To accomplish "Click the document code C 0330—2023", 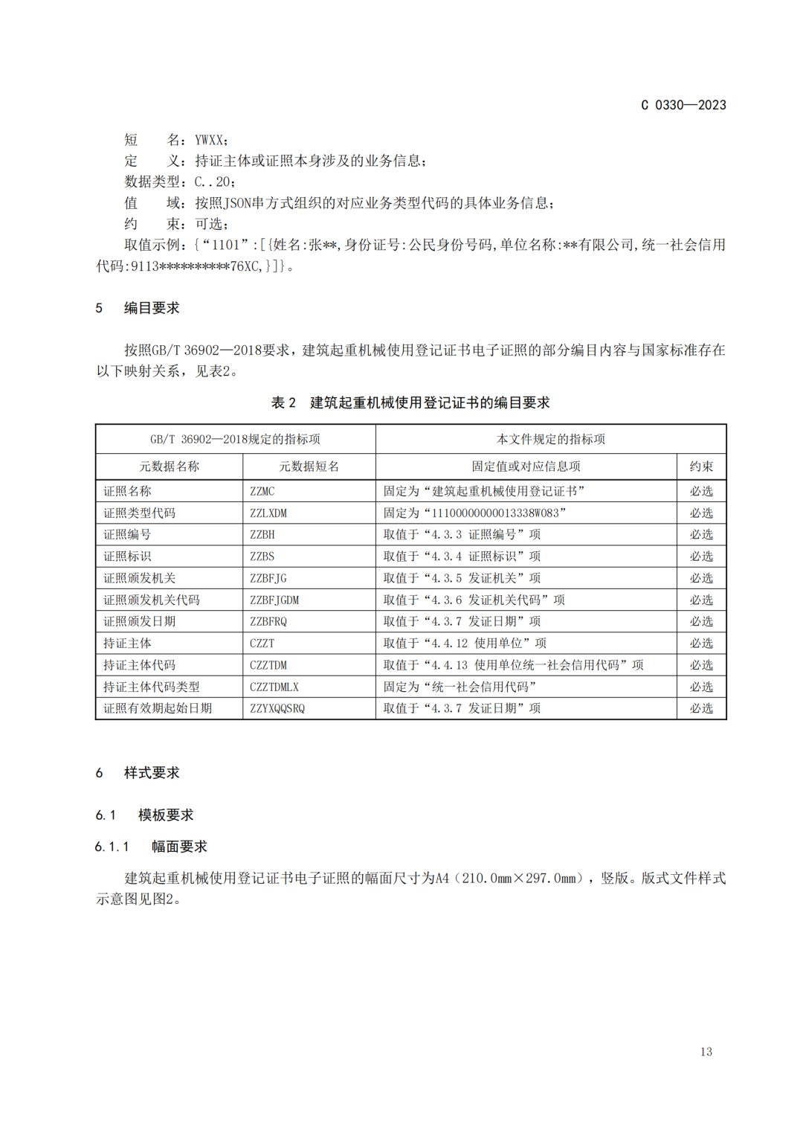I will coord(683,105).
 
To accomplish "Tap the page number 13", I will coord(706,1051).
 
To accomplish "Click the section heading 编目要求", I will coord(152,308).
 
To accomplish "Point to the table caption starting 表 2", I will coord(410,402).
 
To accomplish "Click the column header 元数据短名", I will coord(309,466).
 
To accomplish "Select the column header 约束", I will coord(701,466).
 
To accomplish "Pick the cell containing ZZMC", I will coord(262,491).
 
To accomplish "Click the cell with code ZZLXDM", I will coord(268,513).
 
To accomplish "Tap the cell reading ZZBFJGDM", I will coord(274,600).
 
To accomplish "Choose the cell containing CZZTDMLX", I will coord(274,687).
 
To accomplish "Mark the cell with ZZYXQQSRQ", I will coord(277,708).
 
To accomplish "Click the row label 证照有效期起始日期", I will coord(158,708).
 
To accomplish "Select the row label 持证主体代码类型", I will coord(152,687).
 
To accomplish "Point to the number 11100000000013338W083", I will coord(495,513).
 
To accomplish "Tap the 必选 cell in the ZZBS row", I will coord(701,556).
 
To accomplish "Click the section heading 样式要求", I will coord(152,773).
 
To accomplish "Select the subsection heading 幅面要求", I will coord(179,847).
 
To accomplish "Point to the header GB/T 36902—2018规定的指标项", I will coord(235,439).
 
